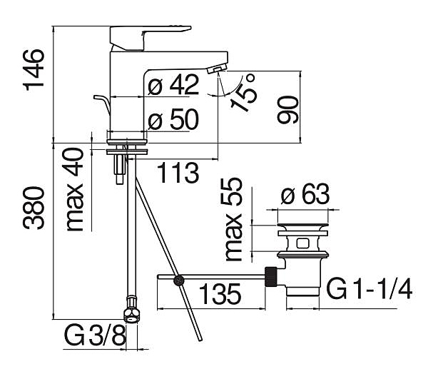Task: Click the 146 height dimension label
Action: point(34,70)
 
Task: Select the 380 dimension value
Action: point(34,208)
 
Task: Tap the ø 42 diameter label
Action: point(173,85)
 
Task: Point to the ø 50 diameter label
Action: point(173,119)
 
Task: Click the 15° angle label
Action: point(243,93)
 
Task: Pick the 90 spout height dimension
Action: point(287,110)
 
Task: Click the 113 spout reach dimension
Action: point(178,173)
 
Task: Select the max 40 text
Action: point(75,190)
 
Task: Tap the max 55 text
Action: point(233,219)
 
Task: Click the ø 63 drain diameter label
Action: point(305,193)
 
